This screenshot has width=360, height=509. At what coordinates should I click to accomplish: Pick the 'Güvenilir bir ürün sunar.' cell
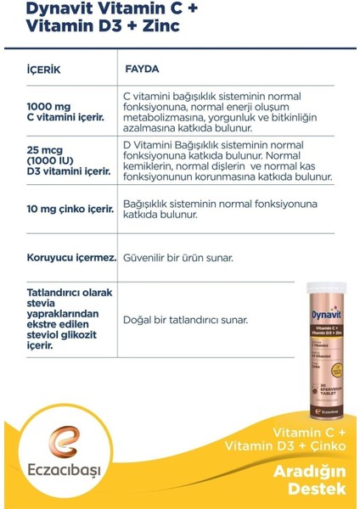[x=178, y=256]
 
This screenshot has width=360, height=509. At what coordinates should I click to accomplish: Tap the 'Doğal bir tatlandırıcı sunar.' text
[x=185, y=320]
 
